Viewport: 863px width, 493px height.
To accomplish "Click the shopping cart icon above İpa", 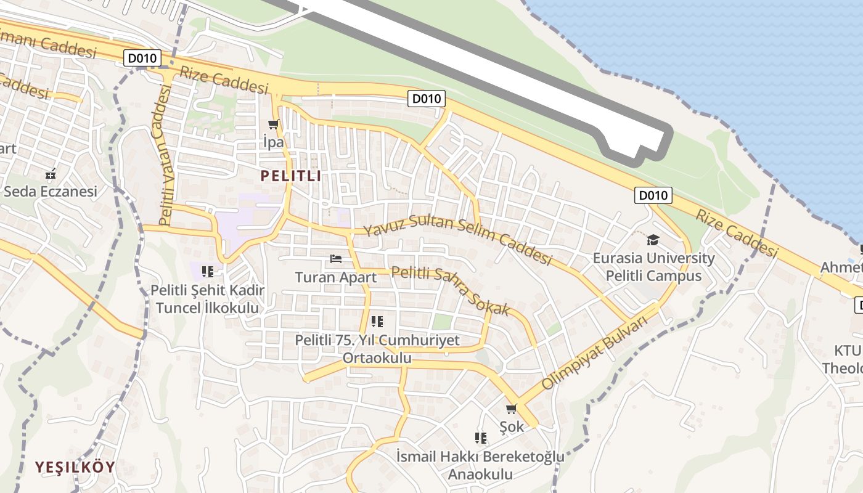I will pos(274,124).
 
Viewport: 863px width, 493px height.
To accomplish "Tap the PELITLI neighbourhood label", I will pos(290,176).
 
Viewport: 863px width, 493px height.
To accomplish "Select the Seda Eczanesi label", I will pos(51,192).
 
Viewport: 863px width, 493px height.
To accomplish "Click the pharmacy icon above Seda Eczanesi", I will pos(51,173).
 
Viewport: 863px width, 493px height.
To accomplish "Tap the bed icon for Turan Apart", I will pos(336,259).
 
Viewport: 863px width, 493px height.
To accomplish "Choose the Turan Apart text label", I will pos(336,277).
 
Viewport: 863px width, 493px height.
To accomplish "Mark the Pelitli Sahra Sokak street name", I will pos(451,290).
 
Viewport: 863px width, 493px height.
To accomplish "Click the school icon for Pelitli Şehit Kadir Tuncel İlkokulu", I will pos(208,271).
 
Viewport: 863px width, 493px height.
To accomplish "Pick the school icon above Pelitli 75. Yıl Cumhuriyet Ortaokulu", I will pos(377,322).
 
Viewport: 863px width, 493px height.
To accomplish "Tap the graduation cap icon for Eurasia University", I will pos(653,240).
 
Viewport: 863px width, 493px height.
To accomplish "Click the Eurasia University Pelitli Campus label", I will pos(653,267).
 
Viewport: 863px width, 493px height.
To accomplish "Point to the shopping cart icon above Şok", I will pos(511,409).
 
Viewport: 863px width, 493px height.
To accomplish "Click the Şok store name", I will pos(512,426).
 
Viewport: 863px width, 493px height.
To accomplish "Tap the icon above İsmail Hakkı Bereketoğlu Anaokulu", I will pos(481,438).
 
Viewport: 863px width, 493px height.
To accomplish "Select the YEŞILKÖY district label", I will pos(75,467).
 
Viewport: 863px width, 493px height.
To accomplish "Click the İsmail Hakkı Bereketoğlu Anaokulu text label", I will pos(480,465).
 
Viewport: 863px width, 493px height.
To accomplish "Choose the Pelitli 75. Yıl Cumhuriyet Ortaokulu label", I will pos(377,349).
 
